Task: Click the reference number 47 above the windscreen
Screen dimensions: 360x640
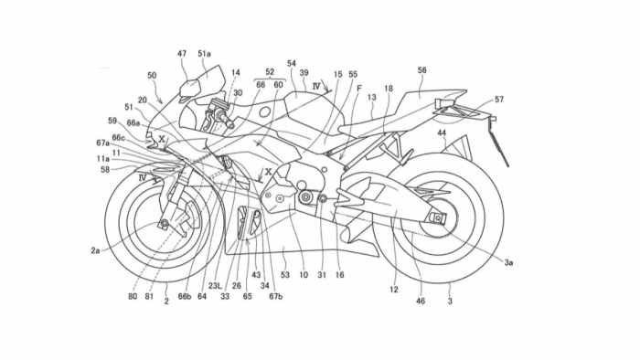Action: click(182, 55)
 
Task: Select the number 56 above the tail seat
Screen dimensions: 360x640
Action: click(421, 69)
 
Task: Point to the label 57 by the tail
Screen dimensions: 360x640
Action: click(499, 99)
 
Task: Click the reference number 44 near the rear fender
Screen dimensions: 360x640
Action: click(442, 133)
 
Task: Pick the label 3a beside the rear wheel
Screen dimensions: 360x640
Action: click(508, 261)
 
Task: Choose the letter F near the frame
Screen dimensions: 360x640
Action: click(347, 89)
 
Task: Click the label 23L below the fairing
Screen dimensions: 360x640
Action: click(216, 283)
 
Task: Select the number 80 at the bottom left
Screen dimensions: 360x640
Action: click(133, 296)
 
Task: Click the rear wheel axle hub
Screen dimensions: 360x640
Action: click(438, 217)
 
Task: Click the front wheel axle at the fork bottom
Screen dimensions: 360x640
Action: click(165, 223)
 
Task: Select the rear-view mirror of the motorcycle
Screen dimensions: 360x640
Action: click(190, 89)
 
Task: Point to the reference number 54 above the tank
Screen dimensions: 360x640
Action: click(292, 64)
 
